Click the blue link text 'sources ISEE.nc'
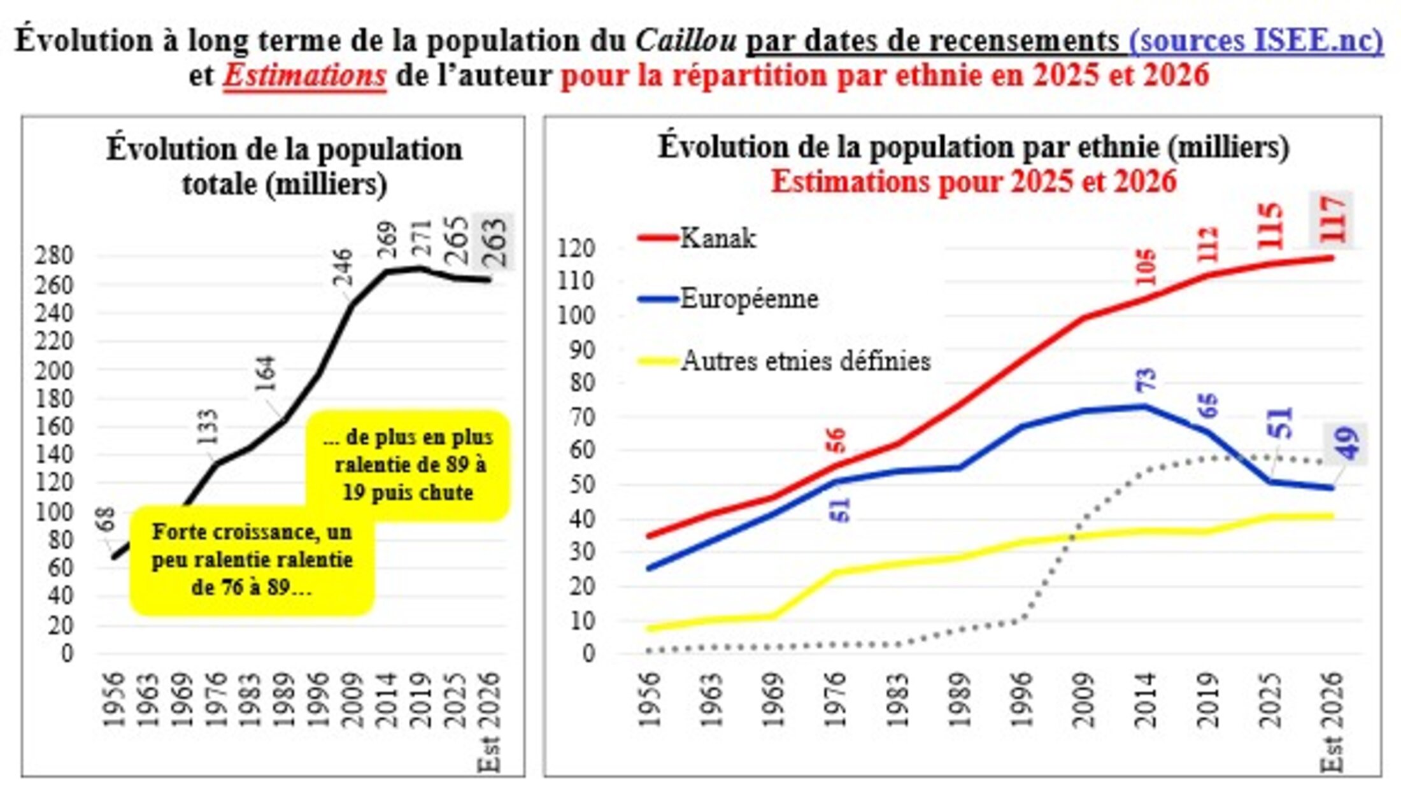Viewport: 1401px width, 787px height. (x=1256, y=40)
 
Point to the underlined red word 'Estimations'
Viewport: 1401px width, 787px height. (x=304, y=76)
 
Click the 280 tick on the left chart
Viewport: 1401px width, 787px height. (x=54, y=256)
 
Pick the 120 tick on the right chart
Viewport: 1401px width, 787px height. (x=575, y=248)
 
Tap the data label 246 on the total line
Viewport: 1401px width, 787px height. (x=343, y=267)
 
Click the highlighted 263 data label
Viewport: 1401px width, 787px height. (x=494, y=242)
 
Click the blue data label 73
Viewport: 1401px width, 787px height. (x=1145, y=380)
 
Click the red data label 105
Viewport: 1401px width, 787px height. (x=1145, y=267)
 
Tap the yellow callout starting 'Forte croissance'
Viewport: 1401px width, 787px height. (x=252, y=560)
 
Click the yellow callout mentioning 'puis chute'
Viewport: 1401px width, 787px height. (x=408, y=465)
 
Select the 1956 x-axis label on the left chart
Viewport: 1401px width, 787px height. (x=113, y=699)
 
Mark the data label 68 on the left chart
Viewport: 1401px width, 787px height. (x=106, y=519)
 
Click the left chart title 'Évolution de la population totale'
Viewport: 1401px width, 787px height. (x=284, y=166)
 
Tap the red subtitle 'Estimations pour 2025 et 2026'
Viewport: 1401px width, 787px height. (x=973, y=182)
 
